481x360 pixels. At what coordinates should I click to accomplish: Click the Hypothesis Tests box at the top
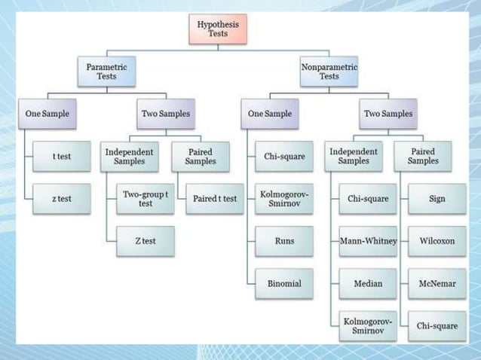tap(217, 29)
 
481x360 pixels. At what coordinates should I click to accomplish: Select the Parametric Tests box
tap(106, 72)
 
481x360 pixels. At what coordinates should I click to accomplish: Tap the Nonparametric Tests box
tap(329, 72)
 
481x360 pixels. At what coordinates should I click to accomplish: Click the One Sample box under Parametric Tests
tap(47, 114)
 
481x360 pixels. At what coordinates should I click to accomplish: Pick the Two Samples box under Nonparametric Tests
tap(388, 114)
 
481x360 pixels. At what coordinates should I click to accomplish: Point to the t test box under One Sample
tap(62, 157)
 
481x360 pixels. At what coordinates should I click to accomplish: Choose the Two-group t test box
tap(146, 199)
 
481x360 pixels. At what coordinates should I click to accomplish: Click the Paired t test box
tap(214, 199)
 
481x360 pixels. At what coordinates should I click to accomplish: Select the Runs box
tap(284, 241)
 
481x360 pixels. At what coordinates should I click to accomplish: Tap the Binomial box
tap(284, 283)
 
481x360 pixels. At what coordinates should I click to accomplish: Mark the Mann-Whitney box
tap(368, 241)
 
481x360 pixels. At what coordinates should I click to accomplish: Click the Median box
tap(368, 283)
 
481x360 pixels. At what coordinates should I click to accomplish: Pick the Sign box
tap(437, 199)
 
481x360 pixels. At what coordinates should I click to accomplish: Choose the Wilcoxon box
tap(437, 241)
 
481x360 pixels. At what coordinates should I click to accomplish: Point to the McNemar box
tap(437, 283)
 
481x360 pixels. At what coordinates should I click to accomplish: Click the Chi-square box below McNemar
tap(437, 325)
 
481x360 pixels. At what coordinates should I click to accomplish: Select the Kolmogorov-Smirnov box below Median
tap(368, 325)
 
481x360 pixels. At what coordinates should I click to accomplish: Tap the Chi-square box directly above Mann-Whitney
tap(368, 199)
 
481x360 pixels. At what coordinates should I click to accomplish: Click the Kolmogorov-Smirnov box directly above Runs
tap(284, 199)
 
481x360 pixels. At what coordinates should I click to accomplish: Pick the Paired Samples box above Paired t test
tap(200, 157)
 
